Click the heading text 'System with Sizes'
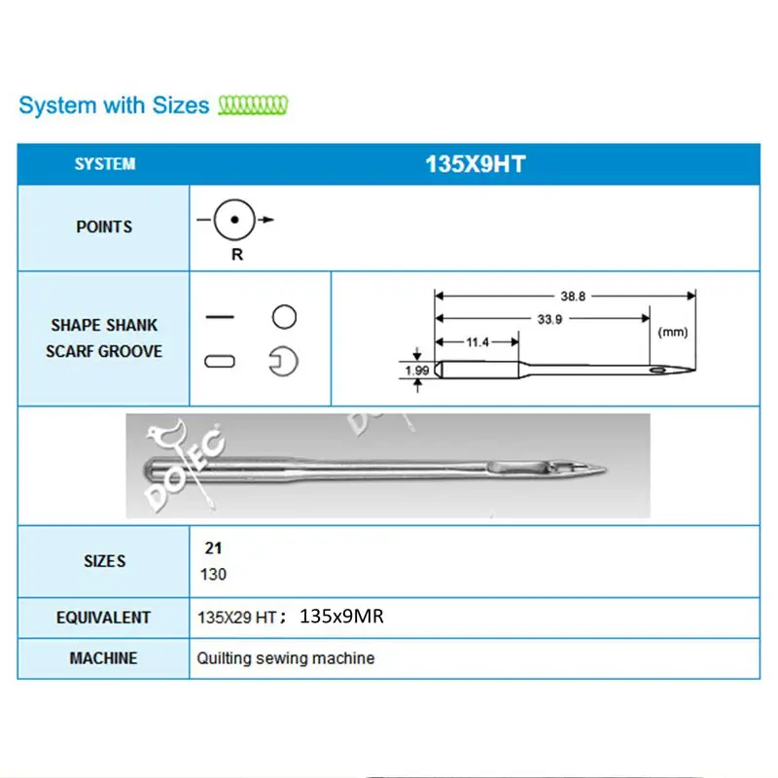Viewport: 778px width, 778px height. [114, 105]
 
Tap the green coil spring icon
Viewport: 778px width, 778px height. [254, 104]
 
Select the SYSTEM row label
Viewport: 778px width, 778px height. [104, 164]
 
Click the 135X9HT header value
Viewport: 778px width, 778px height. [475, 164]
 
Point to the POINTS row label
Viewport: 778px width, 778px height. [104, 227]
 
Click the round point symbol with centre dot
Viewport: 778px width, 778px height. [235, 221]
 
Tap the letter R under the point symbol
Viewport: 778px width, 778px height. [236, 256]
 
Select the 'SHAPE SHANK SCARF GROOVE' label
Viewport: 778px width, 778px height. [104, 337]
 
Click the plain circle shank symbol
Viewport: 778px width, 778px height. [283, 317]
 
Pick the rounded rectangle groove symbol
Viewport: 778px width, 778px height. [220, 362]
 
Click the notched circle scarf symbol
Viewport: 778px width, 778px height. [283, 362]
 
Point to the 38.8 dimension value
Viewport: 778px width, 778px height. [566, 297]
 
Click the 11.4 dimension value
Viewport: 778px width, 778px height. [477, 341]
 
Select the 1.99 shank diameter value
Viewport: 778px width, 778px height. [416, 370]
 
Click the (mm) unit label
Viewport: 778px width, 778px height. [673, 333]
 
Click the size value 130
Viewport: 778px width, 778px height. [212, 575]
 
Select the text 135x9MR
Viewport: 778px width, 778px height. [348, 616]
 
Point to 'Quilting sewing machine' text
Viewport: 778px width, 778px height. [286, 658]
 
